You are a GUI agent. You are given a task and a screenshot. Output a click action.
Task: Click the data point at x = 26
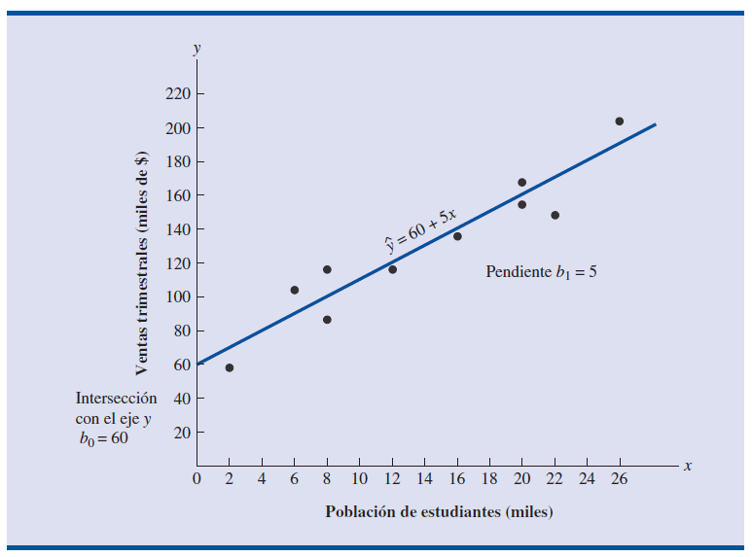coord(619,122)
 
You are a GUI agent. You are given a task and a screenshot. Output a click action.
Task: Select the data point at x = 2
coord(229,367)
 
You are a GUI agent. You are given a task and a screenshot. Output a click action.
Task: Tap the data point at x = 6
coord(294,290)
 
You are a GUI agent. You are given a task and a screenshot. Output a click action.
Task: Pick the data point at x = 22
coord(555,215)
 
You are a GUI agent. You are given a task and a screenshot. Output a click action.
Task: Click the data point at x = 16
coord(457,236)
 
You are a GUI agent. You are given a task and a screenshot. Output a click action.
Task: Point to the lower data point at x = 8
coord(327,320)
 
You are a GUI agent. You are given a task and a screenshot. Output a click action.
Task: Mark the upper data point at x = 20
coord(521,183)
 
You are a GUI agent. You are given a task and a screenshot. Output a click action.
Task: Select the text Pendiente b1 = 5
coord(541,272)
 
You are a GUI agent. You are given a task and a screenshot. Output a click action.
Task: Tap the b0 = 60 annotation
coord(103,437)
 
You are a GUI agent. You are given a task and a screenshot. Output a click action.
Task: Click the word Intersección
coord(116,398)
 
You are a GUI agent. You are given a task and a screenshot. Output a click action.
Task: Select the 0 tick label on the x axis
coord(197,478)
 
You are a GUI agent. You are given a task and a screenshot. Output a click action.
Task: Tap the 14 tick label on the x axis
coord(424,478)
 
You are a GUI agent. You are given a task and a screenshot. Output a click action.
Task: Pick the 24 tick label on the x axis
coord(587,478)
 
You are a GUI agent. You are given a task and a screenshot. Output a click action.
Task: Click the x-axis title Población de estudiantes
coord(439,511)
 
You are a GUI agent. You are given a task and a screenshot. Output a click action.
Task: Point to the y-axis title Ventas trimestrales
coord(142,262)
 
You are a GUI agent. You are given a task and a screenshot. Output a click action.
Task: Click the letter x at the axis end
coord(687,467)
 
